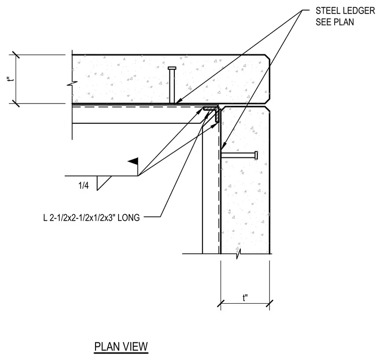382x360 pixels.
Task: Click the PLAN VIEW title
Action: [121, 346]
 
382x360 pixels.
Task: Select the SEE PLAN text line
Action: [335, 22]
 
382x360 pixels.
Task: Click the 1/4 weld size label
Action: [83, 186]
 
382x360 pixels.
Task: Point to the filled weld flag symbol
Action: [133, 161]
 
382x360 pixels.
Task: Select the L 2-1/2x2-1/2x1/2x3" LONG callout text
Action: [91, 217]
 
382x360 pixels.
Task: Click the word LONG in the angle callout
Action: [129, 217]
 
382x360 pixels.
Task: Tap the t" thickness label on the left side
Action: [11, 80]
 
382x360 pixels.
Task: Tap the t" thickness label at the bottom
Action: [245, 298]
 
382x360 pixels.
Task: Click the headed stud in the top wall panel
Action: [172, 85]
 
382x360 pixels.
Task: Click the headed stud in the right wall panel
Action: [239, 155]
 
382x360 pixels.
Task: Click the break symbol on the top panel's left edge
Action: [72, 84]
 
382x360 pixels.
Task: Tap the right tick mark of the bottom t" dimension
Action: [270, 304]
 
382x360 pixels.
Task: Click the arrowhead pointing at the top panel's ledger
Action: [178, 101]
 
